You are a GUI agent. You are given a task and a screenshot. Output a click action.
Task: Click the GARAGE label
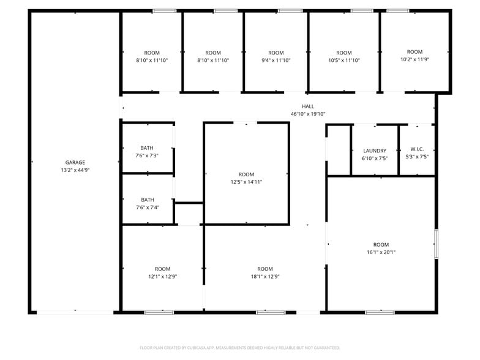[x=75, y=163]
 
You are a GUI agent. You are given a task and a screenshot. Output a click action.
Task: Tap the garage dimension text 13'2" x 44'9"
[x=75, y=170]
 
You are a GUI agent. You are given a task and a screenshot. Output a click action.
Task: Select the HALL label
[x=308, y=107]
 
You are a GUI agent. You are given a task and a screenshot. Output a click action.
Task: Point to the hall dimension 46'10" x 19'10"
[x=308, y=114]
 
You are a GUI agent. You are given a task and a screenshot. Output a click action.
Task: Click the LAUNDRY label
[x=375, y=151]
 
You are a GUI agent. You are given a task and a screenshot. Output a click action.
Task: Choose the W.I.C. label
[x=417, y=149]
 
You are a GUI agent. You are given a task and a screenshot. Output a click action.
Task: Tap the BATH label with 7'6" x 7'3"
[x=147, y=148]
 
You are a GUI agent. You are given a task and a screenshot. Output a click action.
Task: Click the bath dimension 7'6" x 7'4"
[x=148, y=208]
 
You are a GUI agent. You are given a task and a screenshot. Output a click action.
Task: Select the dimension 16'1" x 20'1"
[x=381, y=252]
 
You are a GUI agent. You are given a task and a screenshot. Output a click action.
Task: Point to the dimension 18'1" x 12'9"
[x=265, y=277]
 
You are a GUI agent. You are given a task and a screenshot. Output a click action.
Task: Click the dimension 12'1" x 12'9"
[x=163, y=277]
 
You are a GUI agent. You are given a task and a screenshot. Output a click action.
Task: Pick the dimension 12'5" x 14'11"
[x=246, y=182]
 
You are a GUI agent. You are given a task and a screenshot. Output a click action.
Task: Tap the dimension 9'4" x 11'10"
[x=276, y=60]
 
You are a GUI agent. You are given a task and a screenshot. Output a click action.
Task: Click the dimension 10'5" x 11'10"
[x=344, y=60]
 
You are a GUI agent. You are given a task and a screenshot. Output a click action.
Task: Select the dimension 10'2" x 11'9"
[x=415, y=59]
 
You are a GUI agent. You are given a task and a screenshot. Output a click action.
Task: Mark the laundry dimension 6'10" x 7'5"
[x=375, y=158]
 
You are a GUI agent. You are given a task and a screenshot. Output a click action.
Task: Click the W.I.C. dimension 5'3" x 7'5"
[x=417, y=157]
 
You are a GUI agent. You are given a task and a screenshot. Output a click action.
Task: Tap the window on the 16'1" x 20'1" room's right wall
[x=436, y=244]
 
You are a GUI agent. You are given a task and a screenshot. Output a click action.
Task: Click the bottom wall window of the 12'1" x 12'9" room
[x=159, y=312]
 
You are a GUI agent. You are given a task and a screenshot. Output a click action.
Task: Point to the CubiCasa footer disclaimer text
[x=240, y=348]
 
